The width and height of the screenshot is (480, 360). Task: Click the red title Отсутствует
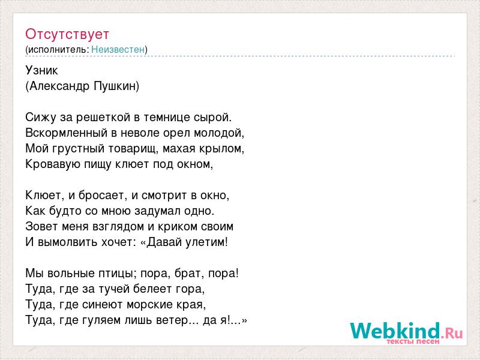coord(67,34)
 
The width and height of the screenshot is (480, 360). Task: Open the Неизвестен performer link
coord(118,49)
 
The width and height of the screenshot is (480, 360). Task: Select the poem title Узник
coord(41,70)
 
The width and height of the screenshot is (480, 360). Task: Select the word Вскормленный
coord(67,133)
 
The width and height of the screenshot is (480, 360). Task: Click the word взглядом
coord(118,227)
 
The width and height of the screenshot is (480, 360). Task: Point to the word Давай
coord(163,242)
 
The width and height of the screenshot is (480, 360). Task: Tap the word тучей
coord(112,289)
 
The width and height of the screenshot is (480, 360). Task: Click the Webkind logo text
coord(395,331)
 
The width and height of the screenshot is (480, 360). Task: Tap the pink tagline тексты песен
coord(413,341)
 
